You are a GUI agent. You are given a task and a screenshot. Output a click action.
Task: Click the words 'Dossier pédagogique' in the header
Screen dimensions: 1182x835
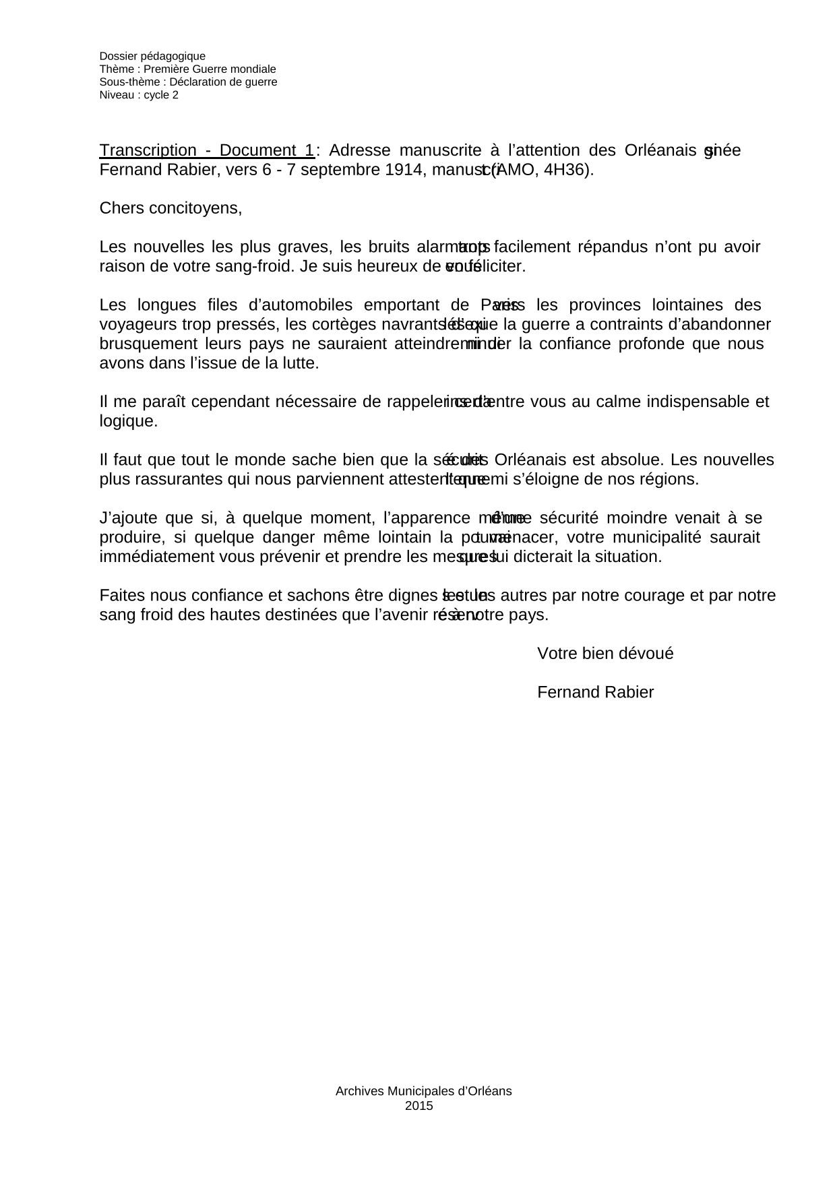point(152,57)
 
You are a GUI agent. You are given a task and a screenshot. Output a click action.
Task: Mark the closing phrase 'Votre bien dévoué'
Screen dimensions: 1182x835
point(605,654)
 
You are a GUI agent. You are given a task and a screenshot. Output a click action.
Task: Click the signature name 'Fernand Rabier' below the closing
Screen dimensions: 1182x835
point(595,693)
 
